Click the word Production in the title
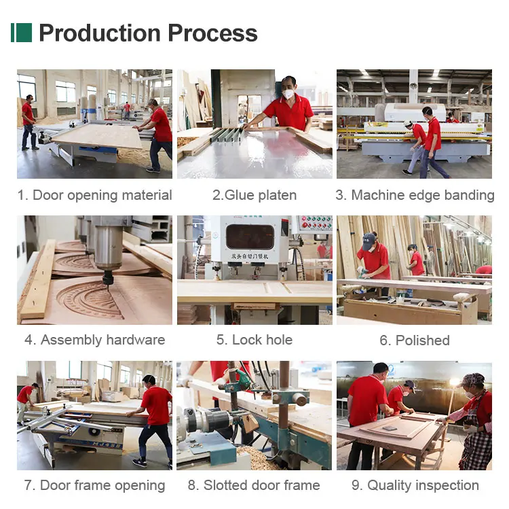100,33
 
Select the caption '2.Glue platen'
254,195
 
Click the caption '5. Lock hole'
254,340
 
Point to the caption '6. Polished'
415,340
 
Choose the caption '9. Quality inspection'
415,485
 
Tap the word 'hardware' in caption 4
136,340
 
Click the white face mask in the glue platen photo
288,94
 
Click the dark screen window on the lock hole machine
250,236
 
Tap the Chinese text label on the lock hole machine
250,256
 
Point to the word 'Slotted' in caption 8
225,485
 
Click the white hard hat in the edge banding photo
407,123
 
